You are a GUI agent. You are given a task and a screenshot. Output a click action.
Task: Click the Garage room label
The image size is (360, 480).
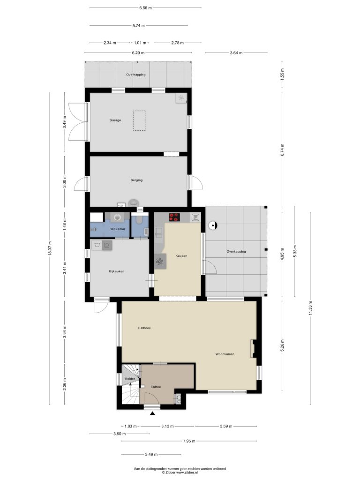pyautogui.click(x=115, y=120)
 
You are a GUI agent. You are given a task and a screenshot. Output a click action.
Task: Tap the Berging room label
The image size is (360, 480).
pyautogui.click(x=136, y=180)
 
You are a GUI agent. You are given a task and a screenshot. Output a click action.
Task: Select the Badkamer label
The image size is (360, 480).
pyautogui.click(x=117, y=229)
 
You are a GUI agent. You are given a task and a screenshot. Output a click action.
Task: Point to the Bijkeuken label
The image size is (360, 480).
pyautogui.click(x=117, y=271)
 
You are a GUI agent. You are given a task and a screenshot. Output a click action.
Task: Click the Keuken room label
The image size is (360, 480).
pyautogui.click(x=181, y=256)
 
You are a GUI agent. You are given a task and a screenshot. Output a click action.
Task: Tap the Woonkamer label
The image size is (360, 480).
pyautogui.click(x=225, y=354)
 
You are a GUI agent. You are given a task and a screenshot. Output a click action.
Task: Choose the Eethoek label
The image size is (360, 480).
pyautogui.click(x=144, y=328)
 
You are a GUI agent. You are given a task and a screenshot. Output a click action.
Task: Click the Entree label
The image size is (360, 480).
pyautogui.click(x=156, y=387)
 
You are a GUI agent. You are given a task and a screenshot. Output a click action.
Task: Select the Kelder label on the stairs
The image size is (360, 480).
pyautogui.click(x=130, y=379)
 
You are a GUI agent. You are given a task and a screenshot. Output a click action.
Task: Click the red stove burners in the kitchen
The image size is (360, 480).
pyautogui.click(x=174, y=217)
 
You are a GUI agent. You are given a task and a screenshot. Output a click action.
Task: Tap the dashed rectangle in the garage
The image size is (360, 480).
pyautogui.click(x=139, y=120)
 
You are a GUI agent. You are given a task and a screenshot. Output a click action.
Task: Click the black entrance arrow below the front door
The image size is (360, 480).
pyautogui.click(x=152, y=414)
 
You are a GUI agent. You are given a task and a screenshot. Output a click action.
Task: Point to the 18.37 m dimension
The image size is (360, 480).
pyautogui.click(x=50, y=248)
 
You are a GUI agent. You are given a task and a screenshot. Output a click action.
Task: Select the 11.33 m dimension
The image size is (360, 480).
pyautogui.click(x=310, y=307)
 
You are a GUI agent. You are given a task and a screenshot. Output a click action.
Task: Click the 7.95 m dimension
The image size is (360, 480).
pyautogui.click(x=189, y=441)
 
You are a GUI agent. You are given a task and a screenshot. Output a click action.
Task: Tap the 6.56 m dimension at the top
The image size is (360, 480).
pyautogui.click(x=145, y=8)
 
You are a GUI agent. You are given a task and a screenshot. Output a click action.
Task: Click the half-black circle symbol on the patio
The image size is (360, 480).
pyautogui.click(x=212, y=226)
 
